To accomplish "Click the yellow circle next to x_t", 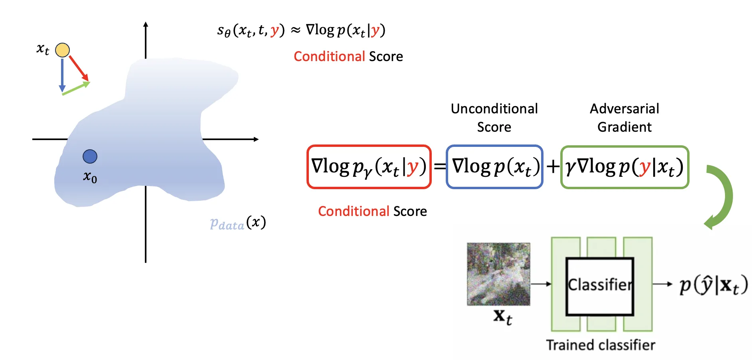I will click(62, 50).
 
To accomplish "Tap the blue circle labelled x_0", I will click(90, 156).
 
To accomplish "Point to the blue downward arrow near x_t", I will click(62, 74).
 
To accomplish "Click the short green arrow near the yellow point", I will click(76, 88).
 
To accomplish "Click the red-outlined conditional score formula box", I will click(369, 167).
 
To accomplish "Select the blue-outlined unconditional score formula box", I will click(494, 167).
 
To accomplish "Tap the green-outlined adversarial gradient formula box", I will click(625, 167).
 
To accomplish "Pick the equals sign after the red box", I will click(439, 166).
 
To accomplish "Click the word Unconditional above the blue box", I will click(494, 109).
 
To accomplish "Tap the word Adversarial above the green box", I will click(624, 109).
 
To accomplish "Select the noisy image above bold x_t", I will click(498, 274).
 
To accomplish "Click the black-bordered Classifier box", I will click(599, 286).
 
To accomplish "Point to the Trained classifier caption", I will click(600, 345).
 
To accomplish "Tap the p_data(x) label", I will click(238, 223).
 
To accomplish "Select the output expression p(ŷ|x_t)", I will click(713, 285).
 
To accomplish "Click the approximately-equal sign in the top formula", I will click(295, 30).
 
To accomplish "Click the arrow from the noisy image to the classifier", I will click(541, 284).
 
